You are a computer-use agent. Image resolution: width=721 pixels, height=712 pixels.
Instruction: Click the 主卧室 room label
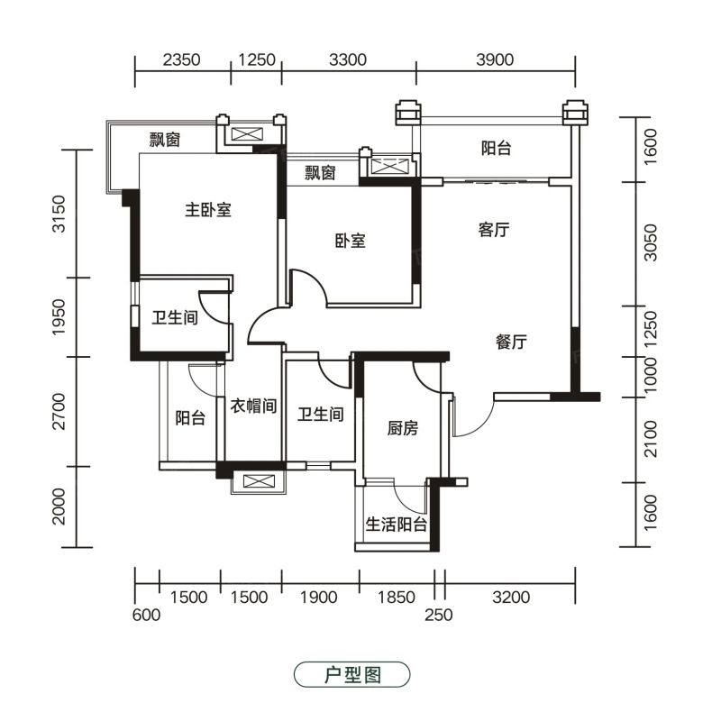tap(208, 210)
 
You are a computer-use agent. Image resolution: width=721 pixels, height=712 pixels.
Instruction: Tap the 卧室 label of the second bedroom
tap(351, 241)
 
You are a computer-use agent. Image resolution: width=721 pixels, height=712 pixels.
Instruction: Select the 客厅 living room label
tap(494, 229)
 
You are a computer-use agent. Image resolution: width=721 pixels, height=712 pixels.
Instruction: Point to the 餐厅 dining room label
tap(511, 342)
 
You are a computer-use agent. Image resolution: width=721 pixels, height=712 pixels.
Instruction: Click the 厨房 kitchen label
tap(403, 428)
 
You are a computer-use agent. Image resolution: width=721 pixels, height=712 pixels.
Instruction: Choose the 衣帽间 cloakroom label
tap(253, 406)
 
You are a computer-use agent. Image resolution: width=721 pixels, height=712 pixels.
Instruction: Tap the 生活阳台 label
tap(396, 524)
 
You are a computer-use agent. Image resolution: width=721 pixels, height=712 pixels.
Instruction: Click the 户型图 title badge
tap(351, 674)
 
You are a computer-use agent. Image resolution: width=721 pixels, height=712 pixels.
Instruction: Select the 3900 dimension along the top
tap(495, 59)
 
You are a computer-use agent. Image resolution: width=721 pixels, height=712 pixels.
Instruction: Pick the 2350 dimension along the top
tap(182, 59)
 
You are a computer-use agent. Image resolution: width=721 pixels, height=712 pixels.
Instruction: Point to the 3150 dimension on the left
tap(59, 214)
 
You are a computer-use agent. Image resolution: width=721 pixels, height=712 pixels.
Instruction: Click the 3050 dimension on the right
tap(650, 242)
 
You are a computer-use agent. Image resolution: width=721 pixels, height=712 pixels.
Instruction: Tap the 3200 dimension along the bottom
tap(511, 597)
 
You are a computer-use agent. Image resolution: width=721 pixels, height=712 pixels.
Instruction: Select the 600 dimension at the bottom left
tap(146, 615)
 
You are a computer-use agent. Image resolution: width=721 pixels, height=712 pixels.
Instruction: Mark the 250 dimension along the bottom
tap(439, 615)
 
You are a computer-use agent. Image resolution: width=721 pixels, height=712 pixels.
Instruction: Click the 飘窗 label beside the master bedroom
tap(165, 140)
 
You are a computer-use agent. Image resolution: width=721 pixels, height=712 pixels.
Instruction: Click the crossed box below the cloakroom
tap(258, 481)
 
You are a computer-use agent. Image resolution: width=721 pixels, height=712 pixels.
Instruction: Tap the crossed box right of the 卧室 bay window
tap(389, 166)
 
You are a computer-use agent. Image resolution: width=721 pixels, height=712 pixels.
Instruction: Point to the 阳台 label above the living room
tap(497, 148)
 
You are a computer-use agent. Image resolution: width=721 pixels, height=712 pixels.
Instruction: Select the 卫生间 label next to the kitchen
tap(321, 414)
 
